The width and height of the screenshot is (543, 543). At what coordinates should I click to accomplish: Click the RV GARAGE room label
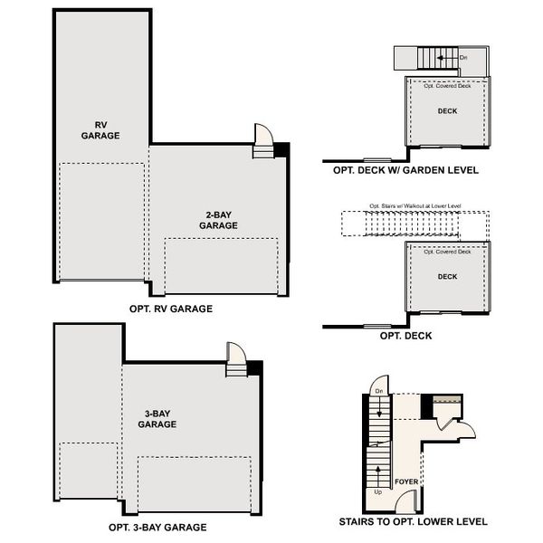100,129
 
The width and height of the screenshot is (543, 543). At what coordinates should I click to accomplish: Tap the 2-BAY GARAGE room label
218,219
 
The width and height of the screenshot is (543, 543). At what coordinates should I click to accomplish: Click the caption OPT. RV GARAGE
171,309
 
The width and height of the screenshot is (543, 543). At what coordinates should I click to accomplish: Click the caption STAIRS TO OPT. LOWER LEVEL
412,522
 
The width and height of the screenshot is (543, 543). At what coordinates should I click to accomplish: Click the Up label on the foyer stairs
377,492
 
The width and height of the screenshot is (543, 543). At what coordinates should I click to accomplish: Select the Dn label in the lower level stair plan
379,390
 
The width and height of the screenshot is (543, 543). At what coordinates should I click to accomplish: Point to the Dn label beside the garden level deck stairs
463,58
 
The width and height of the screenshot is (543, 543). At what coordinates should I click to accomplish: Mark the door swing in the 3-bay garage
234,352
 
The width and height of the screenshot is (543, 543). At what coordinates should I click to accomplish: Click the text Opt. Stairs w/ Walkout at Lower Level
415,206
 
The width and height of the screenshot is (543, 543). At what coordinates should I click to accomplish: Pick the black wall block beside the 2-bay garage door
281,149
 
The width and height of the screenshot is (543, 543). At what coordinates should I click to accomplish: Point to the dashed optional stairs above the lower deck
414,223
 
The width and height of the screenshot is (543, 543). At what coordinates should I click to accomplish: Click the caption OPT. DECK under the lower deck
405,336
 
